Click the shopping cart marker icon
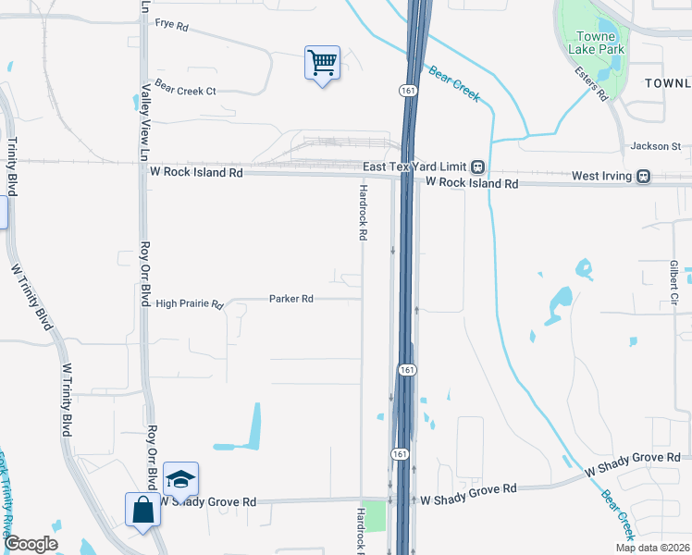pyautogui.click(x=322, y=64)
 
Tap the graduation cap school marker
pyautogui.click(x=180, y=479)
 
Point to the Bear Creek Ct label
pyautogui.click(x=185, y=91)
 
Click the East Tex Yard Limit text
pyautogui.click(x=414, y=166)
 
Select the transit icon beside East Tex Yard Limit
pyautogui.click(x=477, y=166)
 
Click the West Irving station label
pyautogui.click(x=601, y=176)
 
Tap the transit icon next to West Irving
pyautogui.click(x=643, y=176)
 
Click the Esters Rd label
pyautogui.click(x=589, y=82)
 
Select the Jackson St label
pyautogui.click(x=655, y=146)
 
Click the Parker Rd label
pyautogui.click(x=291, y=299)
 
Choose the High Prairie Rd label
pyautogui.click(x=190, y=303)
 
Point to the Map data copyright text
pyautogui.click(x=652, y=548)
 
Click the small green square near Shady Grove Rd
pyautogui.click(x=374, y=516)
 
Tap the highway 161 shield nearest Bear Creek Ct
pyautogui.click(x=407, y=90)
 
